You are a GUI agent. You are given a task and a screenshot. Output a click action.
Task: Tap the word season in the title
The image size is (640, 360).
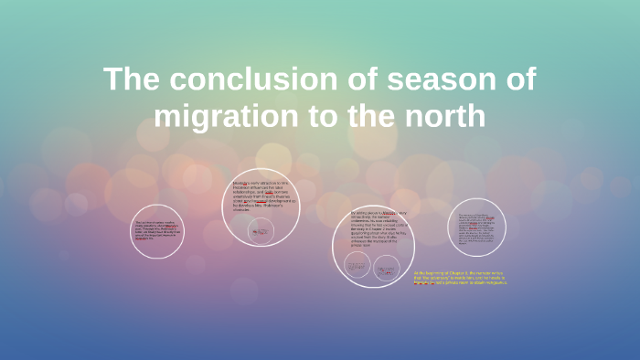[x=437, y=79]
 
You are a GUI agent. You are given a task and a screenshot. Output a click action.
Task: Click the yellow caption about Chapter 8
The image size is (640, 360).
[x=459, y=279]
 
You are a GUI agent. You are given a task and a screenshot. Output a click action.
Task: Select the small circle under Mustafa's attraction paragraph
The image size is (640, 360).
[x=261, y=231]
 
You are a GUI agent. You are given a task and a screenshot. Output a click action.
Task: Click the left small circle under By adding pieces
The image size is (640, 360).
[x=357, y=266]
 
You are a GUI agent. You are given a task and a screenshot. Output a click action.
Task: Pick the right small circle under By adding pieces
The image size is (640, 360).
[x=385, y=266]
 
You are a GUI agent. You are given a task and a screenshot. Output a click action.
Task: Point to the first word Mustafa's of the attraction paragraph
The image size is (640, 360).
[x=241, y=183]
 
